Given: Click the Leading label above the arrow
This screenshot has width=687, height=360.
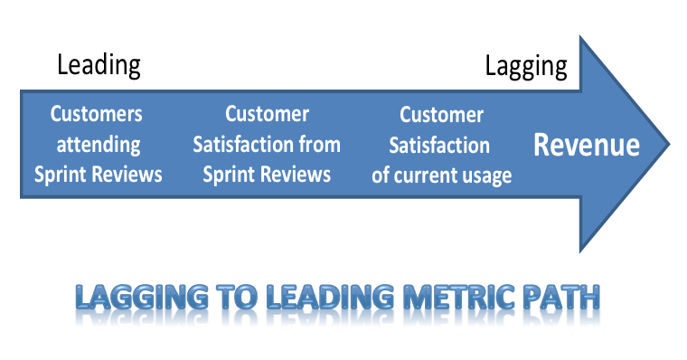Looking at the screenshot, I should pyautogui.click(x=99, y=65).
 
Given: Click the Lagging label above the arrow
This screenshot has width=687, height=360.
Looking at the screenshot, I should pyautogui.click(x=526, y=66).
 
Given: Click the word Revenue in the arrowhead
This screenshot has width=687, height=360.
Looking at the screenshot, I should pyautogui.click(x=587, y=145).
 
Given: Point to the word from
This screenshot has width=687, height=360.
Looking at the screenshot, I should pyautogui.click(x=322, y=144).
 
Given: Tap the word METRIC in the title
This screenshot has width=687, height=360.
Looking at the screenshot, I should pyautogui.click(x=452, y=299).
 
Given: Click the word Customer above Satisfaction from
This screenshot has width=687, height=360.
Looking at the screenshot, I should pyautogui.click(x=267, y=114).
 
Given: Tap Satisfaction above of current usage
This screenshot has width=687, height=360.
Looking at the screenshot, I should pyautogui.click(x=442, y=145).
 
